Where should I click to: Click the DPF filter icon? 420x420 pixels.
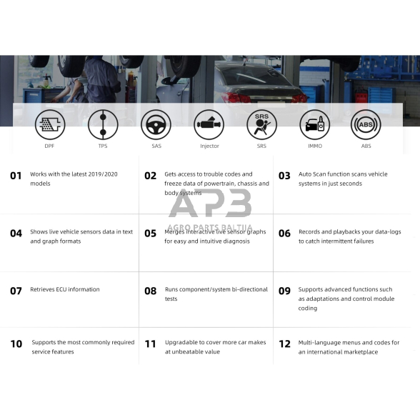point(50,125)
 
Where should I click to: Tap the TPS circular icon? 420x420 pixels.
point(103,125)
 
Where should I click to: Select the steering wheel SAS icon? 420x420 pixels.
point(156,125)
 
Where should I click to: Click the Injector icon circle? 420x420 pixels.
point(209,125)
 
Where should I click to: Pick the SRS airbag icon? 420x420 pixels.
point(261,125)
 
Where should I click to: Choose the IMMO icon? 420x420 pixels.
point(314,125)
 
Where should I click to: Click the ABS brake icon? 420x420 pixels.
point(366,125)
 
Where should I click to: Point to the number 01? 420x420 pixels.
point(16,175)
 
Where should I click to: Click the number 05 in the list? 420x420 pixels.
point(150,233)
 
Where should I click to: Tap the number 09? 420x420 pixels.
point(284,291)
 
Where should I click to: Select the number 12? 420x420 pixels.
point(284,344)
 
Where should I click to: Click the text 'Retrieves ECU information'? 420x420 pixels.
point(65,290)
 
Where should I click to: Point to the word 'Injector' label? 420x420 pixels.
point(209,146)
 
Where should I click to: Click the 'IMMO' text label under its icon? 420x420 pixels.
point(314,146)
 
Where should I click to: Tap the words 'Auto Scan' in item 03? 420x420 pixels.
point(312,174)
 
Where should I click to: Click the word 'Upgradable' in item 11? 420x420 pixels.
point(181,343)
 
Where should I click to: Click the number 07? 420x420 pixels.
point(16,291)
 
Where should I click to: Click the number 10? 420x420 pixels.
point(16,344)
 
